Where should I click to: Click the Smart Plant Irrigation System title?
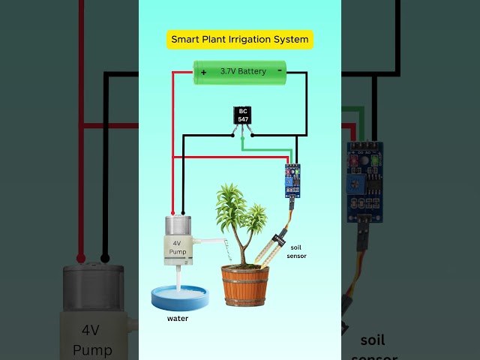(x=240, y=39)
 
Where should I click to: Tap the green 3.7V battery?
(x=240, y=71)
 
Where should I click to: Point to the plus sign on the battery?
(x=203, y=72)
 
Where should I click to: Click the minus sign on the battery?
(x=280, y=70)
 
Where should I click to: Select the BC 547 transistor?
(x=243, y=115)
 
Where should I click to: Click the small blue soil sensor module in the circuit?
(x=292, y=181)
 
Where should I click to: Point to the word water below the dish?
(x=178, y=318)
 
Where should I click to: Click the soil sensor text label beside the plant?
(x=297, y=250)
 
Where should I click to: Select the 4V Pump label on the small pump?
(x=177, y=248)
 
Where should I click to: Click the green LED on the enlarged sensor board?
(x=376, y=160)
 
